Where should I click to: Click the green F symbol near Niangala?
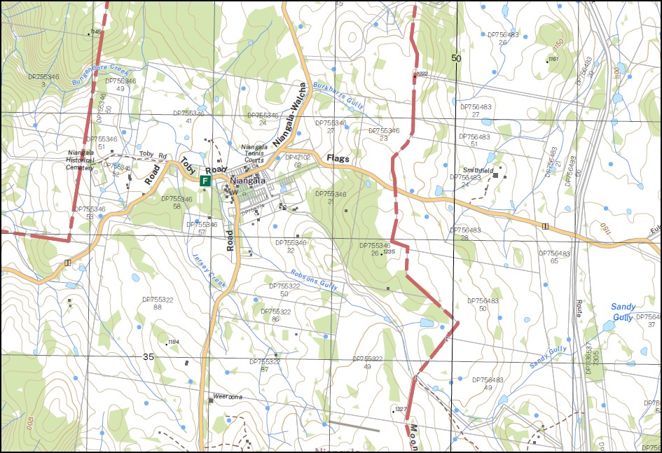click(x=205, y=181)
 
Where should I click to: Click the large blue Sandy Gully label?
click(x=623, y=312)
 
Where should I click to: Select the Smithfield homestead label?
click(x=478, y=170)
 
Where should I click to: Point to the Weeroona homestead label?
click(x=227, y=396)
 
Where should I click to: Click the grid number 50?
click(x=457, y=58)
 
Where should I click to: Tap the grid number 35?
click(x=148, y=356)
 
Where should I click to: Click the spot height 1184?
click(x=173, y=342)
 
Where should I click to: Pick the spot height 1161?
click(x=553, y=60)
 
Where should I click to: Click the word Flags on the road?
click(x=338, y=160)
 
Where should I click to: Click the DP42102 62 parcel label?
click(x=298, y=161)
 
